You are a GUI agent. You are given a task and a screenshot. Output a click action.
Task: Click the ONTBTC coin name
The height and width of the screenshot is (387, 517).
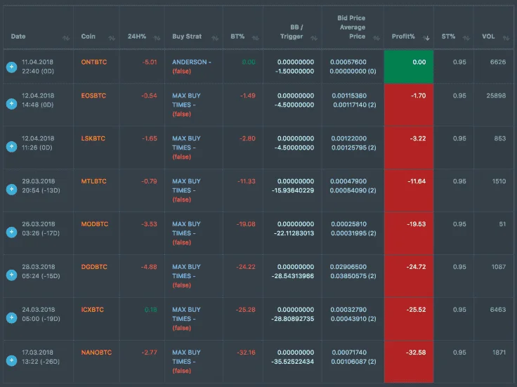(94, 62)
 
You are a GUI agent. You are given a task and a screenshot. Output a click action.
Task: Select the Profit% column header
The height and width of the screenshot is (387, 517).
(403, 37)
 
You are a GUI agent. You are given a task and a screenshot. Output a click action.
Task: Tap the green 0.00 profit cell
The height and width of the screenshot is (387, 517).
(409, 67)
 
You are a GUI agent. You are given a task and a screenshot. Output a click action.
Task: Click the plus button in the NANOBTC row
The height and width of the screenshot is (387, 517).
(11, 360)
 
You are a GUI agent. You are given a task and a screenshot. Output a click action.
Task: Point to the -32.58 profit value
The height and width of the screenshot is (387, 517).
(416, 353)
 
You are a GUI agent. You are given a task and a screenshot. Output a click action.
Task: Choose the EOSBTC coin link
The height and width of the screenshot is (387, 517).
(93, 96)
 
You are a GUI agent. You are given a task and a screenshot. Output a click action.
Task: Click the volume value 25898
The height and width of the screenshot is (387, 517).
(496, 96)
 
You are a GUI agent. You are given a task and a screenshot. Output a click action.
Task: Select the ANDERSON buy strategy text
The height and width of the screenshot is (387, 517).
(192, 62)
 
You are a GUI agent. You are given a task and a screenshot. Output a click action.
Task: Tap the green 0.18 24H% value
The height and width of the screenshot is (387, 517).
(151, 310)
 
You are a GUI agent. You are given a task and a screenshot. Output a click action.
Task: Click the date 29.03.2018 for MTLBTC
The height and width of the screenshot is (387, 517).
(39, 181)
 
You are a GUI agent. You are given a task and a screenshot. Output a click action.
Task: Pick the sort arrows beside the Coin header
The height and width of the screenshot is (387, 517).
(112, 38)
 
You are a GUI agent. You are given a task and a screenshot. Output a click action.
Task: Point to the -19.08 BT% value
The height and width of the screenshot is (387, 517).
(246, 224)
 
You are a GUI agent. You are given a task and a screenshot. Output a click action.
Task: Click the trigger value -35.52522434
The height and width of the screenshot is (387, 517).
(293, 362)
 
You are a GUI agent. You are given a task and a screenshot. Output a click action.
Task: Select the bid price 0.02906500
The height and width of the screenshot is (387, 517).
(348, 267)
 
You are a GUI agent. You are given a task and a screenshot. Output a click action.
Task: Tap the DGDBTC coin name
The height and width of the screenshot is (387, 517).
(94, 267)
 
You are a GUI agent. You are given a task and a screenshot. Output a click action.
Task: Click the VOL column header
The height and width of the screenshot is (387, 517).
(488, 37)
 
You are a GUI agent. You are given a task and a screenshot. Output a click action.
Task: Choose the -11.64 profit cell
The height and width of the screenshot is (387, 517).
(409, 190)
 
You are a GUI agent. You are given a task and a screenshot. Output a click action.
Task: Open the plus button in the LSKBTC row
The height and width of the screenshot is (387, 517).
(11, 146)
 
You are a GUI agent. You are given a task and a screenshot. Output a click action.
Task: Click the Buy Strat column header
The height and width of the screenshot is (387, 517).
(187, 37)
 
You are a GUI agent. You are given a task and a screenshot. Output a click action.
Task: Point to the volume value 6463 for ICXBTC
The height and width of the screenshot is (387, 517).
(498, 310)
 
